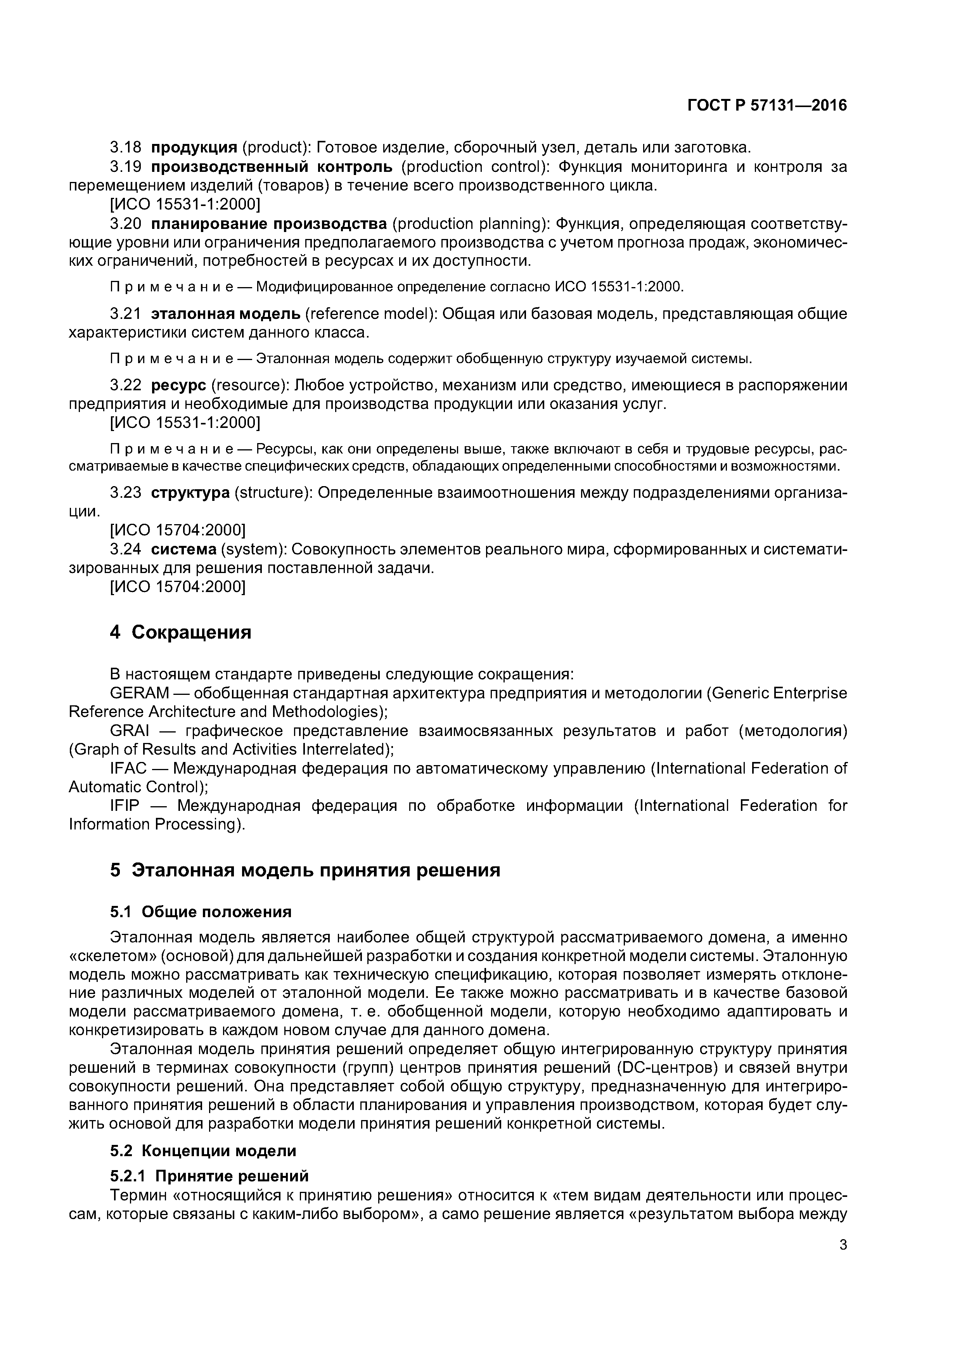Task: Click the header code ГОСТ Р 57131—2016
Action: point(767,106)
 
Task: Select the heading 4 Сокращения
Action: point(180,632)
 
